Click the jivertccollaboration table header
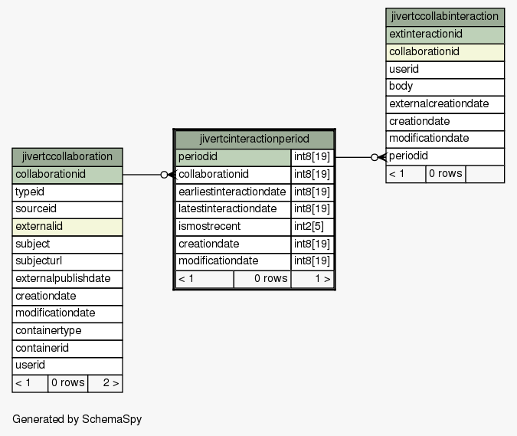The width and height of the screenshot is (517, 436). [x=67, y=157]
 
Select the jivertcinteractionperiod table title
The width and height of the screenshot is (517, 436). [x=254, y=139]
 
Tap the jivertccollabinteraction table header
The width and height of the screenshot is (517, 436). [x=445, y=17]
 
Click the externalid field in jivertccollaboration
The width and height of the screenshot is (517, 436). [x=67, y=227]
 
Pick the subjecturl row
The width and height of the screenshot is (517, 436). [x=67, y=261]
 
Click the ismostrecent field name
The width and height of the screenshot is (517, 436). [x=209, y=227]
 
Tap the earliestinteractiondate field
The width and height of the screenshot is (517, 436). [x=233, y=192]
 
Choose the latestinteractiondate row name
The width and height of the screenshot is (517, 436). [x=227, y=209]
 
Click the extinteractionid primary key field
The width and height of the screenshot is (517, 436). [x=445, y=34]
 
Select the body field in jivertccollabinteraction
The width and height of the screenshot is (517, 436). [x=445, y=87]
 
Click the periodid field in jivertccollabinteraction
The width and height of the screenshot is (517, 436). [x=445, y=156]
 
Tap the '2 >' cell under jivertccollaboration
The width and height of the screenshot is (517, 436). [x=105, y=383]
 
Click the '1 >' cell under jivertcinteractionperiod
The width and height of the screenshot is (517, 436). [x=312, y=279]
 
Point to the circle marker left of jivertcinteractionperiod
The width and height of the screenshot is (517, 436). [x=164, y=175]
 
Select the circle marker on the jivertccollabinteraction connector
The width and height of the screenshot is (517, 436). [x=375, y=157]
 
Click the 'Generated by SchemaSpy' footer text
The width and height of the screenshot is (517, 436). [x=77, y=419]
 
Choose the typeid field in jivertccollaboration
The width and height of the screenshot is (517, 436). [x=67, y=192]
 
